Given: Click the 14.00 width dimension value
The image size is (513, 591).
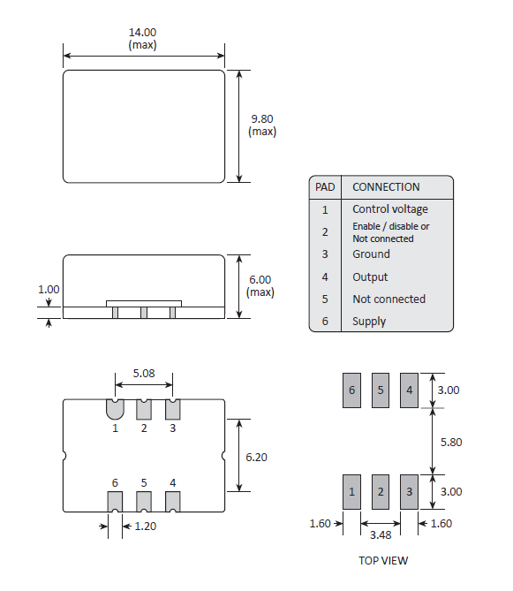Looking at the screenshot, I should click(x=143, y=33).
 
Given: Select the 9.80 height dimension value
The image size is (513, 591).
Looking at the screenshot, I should click(x=262, y=119).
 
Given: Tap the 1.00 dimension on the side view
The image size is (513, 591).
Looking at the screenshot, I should click(x=49, y=289).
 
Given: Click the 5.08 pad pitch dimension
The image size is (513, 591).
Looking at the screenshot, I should click(x=143, y=374).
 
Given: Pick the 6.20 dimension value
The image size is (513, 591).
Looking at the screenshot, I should click(x=258, y=457).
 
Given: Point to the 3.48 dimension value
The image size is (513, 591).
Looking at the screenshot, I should click(x=381, y=535).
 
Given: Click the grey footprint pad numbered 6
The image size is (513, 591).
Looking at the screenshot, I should click(x=352, y=390).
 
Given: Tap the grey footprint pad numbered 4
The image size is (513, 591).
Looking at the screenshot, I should click(x=409, y=390).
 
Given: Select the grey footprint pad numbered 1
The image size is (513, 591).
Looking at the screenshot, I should click(x=352, y=491).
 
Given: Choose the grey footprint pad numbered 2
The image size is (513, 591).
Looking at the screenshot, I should click(x=381, y=491).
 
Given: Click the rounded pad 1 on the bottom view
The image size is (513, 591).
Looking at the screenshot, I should click(x=115, y=409).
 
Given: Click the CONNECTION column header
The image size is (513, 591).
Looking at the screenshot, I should click(x=386, y=187).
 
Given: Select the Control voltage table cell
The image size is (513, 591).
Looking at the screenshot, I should click(x=389, y=209).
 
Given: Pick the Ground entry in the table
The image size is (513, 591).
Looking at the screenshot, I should click(x=371, y=254).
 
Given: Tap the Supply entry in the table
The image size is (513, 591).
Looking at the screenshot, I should click(x=369, y=322).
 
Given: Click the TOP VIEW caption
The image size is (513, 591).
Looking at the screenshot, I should click(x=383, y=560).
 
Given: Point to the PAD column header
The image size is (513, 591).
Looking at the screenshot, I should click(x=325, y=187).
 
